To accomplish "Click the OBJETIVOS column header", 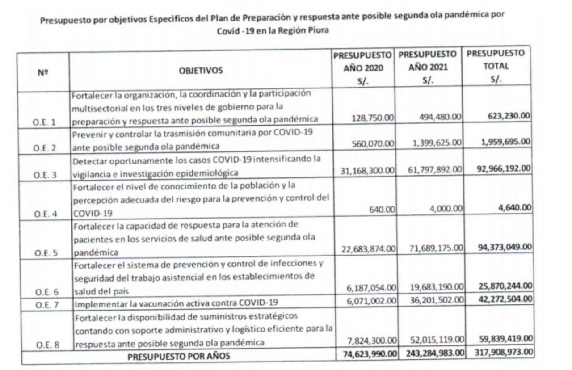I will pyautogui.click(x=201, y=71).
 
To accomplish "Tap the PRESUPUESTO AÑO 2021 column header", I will pyautogui.click(x=428, y=67).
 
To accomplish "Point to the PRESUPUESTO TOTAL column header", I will pyautogui.click(x=496, y=66).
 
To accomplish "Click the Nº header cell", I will pyautogui.click(x=43, y=71).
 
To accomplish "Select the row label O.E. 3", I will pyautogui.click(x=45, y=175).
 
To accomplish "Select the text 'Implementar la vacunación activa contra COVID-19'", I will pyautogui.click(x=176, y=304).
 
